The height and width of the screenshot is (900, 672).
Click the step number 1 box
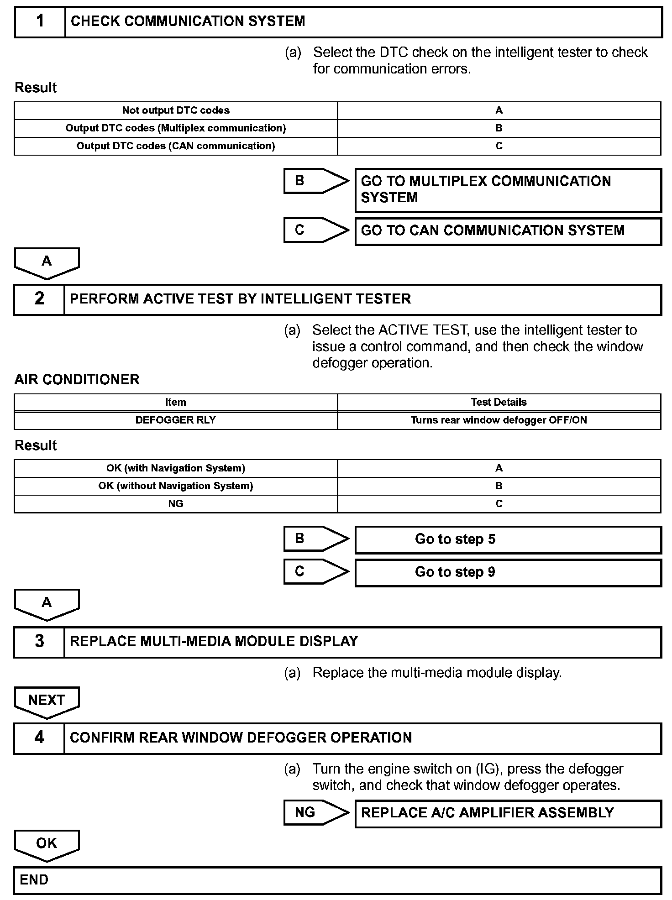pos(40,21)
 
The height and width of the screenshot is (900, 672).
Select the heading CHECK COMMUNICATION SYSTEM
pos(188,21)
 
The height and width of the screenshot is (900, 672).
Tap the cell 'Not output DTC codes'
pos(176,110)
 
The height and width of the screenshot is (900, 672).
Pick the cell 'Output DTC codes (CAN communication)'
pos(176,146)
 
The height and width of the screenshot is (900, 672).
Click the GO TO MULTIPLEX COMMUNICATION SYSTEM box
pos(508,190)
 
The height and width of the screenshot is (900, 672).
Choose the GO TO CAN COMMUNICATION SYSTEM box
pos(508,231)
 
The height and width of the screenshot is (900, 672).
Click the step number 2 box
pos(40,299)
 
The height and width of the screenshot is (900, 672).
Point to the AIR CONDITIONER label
pos(77,380)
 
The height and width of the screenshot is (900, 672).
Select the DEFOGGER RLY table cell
pos(176,420)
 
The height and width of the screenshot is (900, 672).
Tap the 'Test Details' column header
pos(499,403)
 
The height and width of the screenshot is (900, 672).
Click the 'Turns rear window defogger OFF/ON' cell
pos(499,420)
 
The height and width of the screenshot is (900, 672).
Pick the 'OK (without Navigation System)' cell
pos(176,486)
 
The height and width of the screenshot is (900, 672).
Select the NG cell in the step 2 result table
pos(176,504)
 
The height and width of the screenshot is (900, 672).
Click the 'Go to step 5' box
pos(508,539)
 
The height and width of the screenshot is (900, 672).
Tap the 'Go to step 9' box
pos(508,572)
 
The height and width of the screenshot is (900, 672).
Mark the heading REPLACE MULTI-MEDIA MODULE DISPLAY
pos(214,641)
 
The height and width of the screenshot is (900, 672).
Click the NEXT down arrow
pos(47,701)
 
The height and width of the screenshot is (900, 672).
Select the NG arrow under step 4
pos(315,813)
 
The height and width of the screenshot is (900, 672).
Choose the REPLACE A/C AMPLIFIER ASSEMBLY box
pos(508,813)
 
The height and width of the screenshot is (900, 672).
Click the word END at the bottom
pos(34,880)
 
